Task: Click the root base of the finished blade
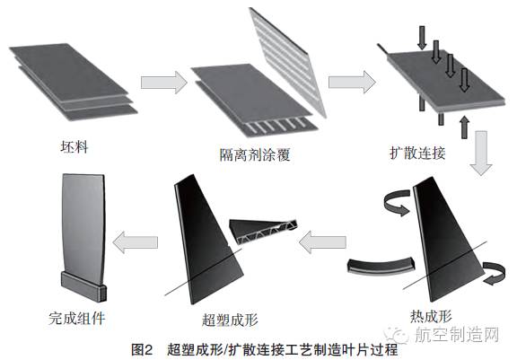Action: point(83,288)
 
